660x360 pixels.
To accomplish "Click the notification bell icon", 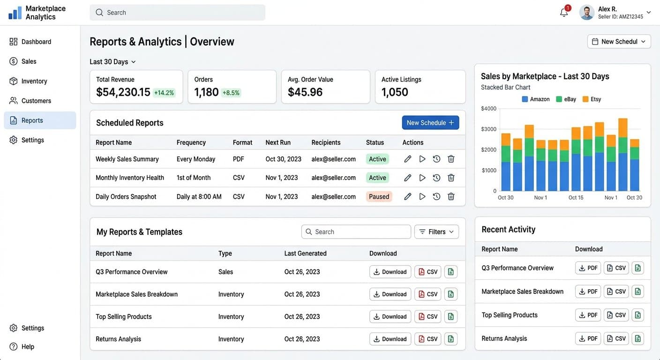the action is pos(563,13).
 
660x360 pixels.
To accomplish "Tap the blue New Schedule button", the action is pos(430,122).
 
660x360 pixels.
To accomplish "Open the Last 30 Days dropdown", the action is pos(112,61).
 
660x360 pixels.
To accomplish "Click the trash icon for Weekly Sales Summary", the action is pos(451,159).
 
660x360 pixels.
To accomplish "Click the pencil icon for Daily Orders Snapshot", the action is pos(407,196).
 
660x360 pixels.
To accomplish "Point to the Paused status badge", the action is pos(379,196).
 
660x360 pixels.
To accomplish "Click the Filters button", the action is pos(436,232).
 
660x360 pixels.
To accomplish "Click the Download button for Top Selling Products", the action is pos(390,316).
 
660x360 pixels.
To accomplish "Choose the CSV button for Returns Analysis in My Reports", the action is pos(427,339).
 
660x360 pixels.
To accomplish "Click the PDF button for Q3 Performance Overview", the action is pos(588,268).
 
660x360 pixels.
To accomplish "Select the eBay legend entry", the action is pos(566,99).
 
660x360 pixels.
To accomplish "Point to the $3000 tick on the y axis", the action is pos(488,129).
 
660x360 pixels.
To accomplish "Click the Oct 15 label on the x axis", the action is pos(576,197).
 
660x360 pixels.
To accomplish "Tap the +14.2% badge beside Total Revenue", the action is pos(164,93).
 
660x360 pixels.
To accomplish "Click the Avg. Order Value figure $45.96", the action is pos(305,92).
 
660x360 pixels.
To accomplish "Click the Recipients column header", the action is pos(326,142).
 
